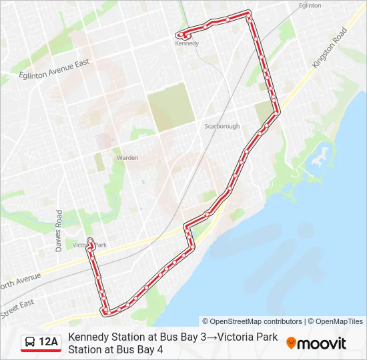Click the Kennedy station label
point(187,43)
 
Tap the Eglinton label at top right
point(310,5)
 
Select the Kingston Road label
point(330,47)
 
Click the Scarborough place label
point(221,126)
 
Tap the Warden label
point(127,158)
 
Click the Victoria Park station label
point(90,245)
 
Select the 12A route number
point(49,343)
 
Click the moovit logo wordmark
point(322,343)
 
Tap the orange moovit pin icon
point(291,343)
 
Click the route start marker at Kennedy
point(179,35)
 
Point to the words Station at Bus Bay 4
point(115,349)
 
